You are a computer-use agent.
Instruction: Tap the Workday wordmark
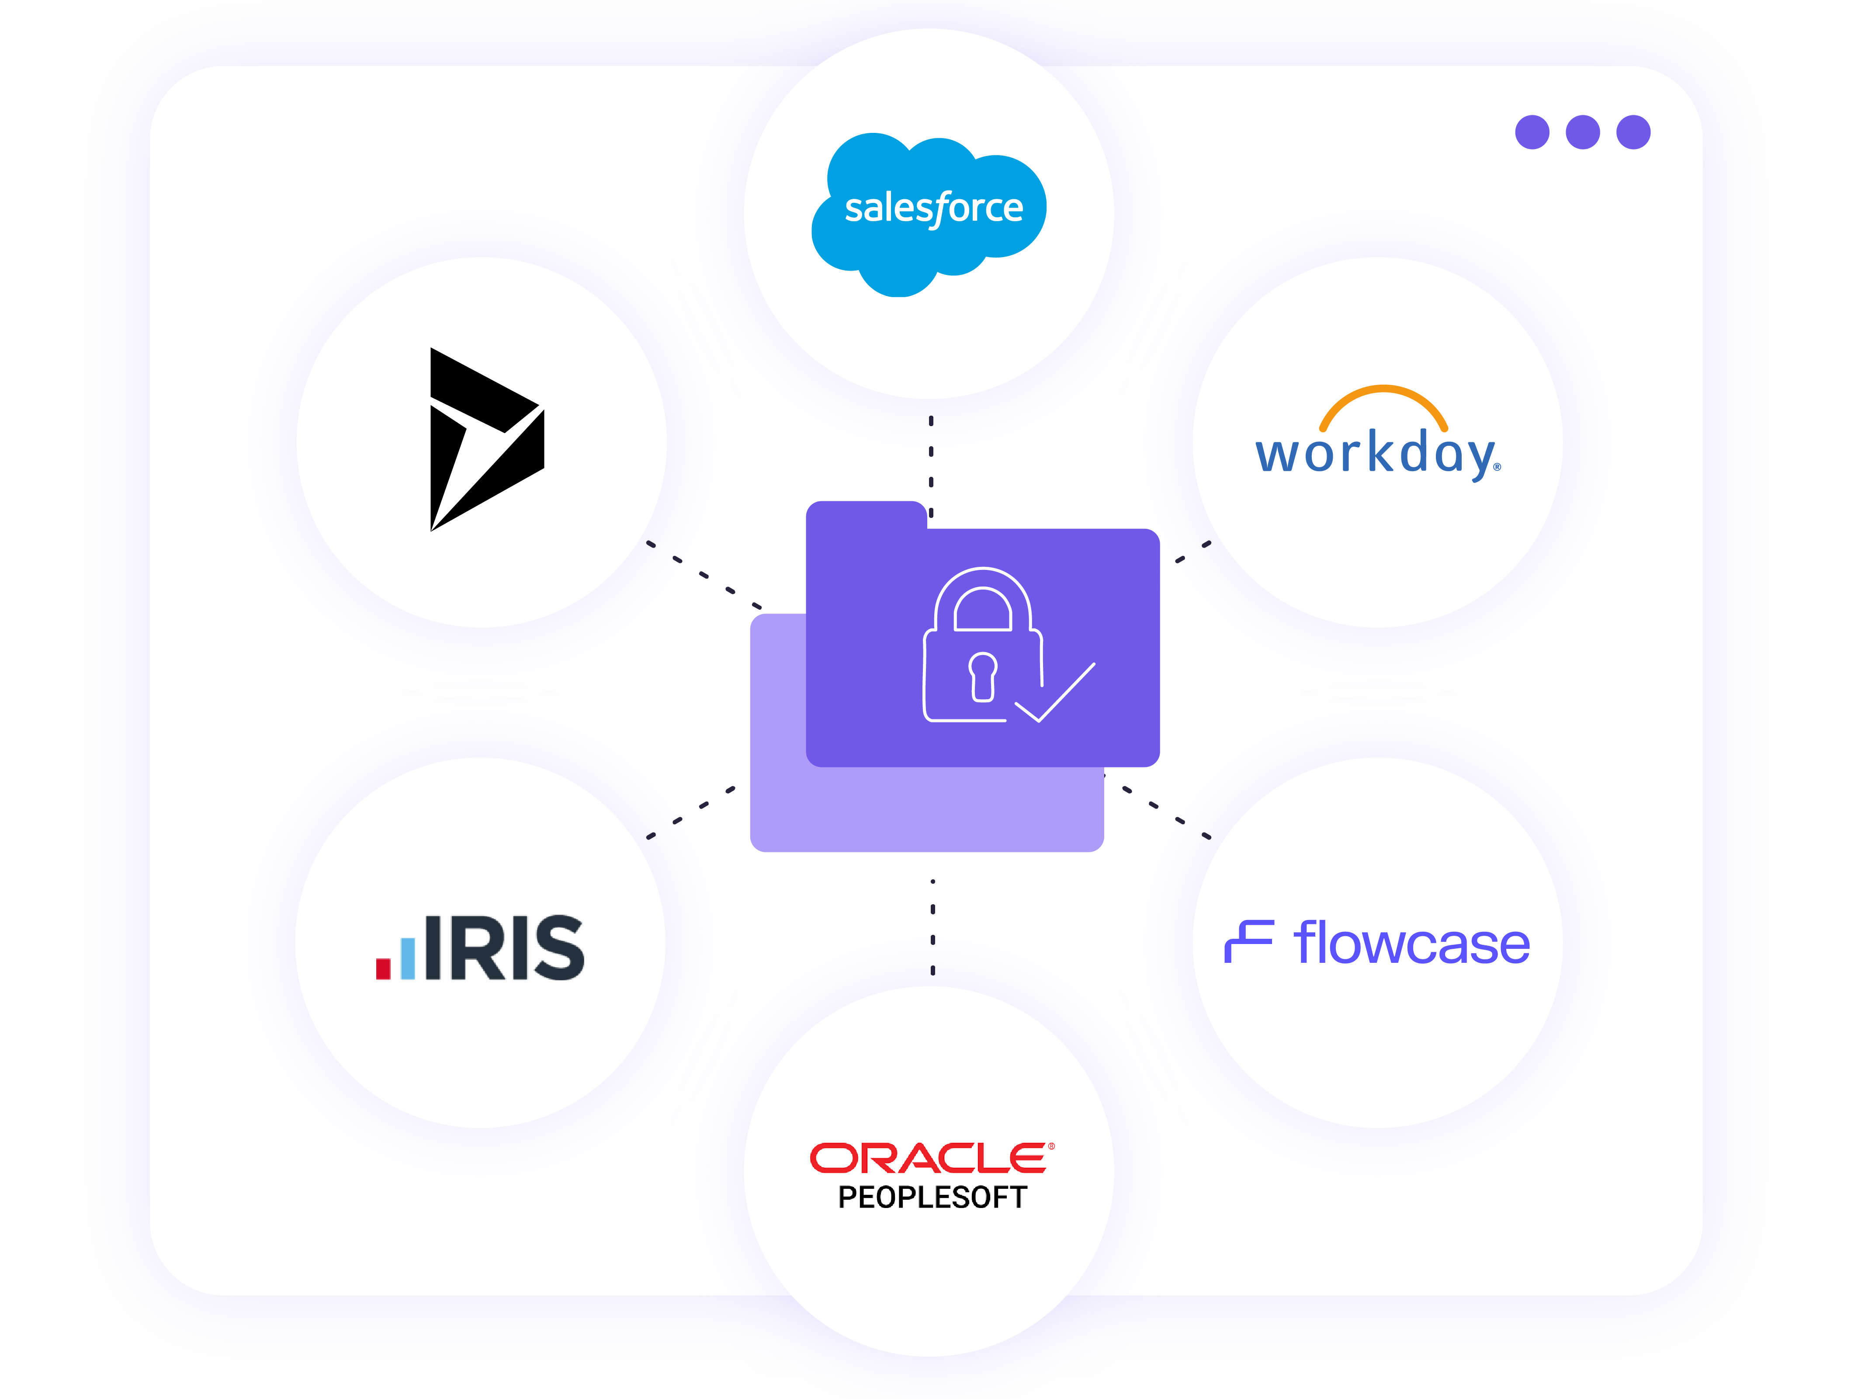1376,454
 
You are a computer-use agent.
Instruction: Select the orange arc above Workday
1383,401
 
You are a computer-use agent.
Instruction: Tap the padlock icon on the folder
982,645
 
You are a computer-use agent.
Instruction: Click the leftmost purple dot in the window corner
1532,132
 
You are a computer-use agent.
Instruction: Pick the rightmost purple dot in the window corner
1633,132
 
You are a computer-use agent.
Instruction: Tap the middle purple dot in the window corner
1583,132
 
